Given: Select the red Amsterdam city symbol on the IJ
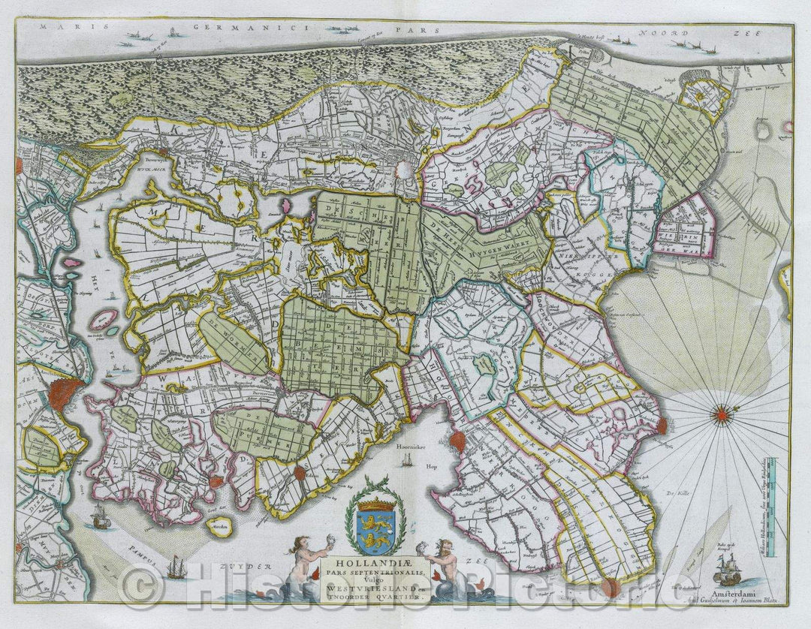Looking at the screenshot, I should coord(66,394).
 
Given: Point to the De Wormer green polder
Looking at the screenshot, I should coord(233,343).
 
